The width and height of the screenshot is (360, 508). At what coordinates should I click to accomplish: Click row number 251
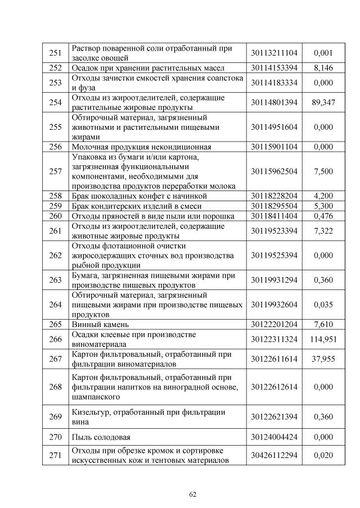tap(55, 53)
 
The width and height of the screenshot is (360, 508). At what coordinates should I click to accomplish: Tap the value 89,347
tap(323, 103)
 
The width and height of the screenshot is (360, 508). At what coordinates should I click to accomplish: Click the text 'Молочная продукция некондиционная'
tap(142, 147)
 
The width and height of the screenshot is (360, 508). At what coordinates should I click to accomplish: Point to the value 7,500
tap(323, 171)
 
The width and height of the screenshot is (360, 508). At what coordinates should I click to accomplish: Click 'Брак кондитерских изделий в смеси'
tap(139, 206)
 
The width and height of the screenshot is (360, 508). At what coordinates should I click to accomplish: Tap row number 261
tap(55, 231)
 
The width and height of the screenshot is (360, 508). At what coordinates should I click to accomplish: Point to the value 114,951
tap(323, 339)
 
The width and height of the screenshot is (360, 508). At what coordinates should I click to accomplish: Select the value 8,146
tap(323, 68)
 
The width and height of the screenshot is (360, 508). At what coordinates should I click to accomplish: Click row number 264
tap(55, 305)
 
